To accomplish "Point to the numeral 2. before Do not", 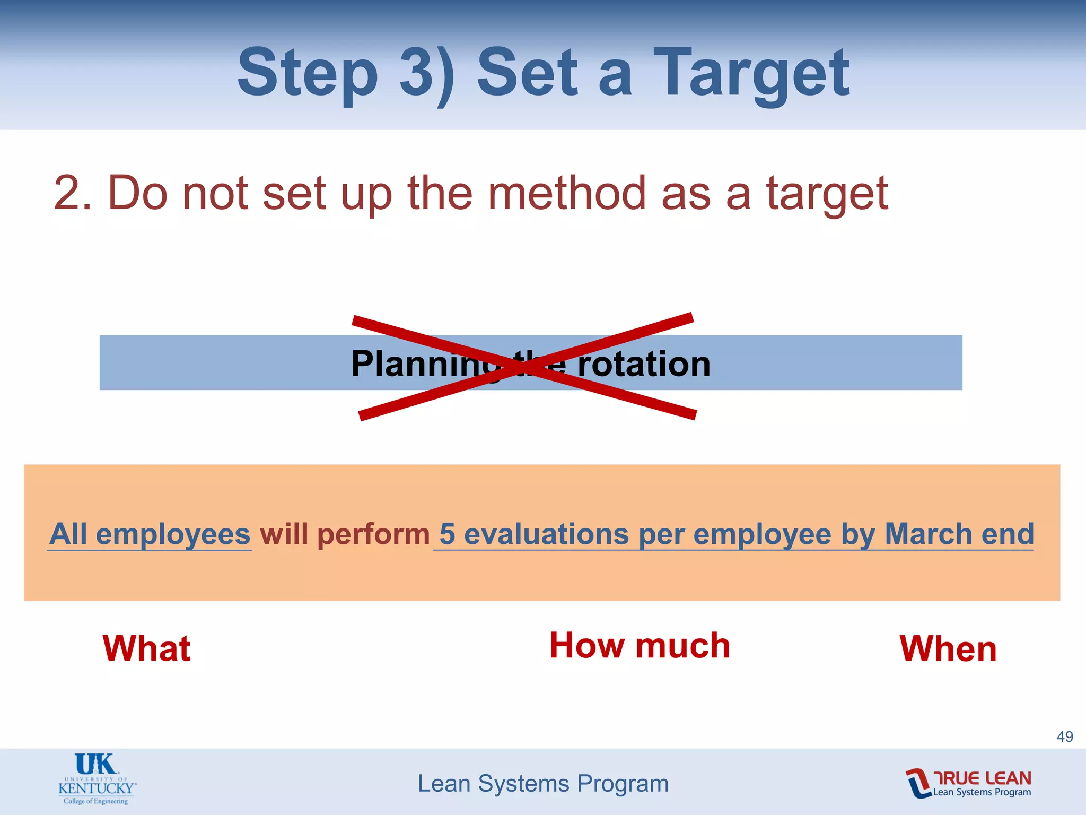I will point(73,193).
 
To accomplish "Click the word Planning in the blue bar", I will point(424,364).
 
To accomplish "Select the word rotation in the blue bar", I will point(644,364).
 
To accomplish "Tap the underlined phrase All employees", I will point(150,534).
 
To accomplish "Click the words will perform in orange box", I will point(345,534).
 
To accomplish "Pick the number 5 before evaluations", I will point(447,534).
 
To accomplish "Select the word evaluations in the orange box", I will point(547,534).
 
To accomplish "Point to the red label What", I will point(146,648).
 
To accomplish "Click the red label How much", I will point(640,646).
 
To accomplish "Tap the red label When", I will point(948,648).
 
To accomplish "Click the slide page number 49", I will point(1065,736).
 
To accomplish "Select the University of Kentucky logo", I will point(97,779).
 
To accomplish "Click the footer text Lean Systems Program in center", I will point(543,784).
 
